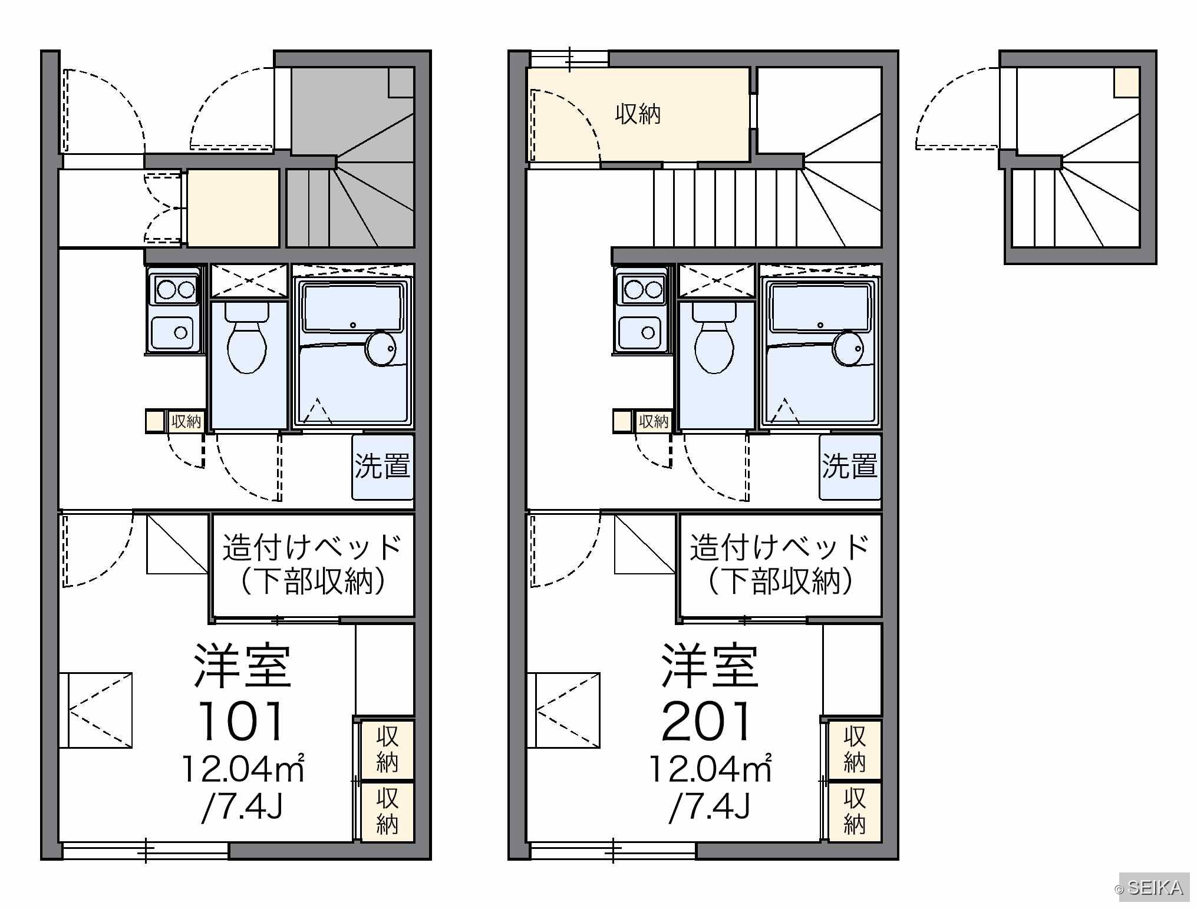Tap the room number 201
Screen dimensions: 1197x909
point(707,721)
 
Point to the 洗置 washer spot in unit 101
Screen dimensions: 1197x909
point(383,467)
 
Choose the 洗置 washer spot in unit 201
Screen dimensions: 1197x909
point(850,467)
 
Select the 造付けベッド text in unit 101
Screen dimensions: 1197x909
point(312,547)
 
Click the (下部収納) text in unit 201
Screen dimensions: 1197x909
point(780,582)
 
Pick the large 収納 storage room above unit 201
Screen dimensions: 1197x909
point(638,114)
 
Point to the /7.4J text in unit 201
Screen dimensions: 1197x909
point(710,806)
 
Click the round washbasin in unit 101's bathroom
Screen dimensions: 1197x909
point(381,349)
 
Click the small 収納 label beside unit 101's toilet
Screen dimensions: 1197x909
point(186,421)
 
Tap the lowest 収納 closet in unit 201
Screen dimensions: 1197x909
point(855,811)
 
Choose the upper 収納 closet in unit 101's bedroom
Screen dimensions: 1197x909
point(387,749)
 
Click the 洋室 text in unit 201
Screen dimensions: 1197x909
point(710,666)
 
